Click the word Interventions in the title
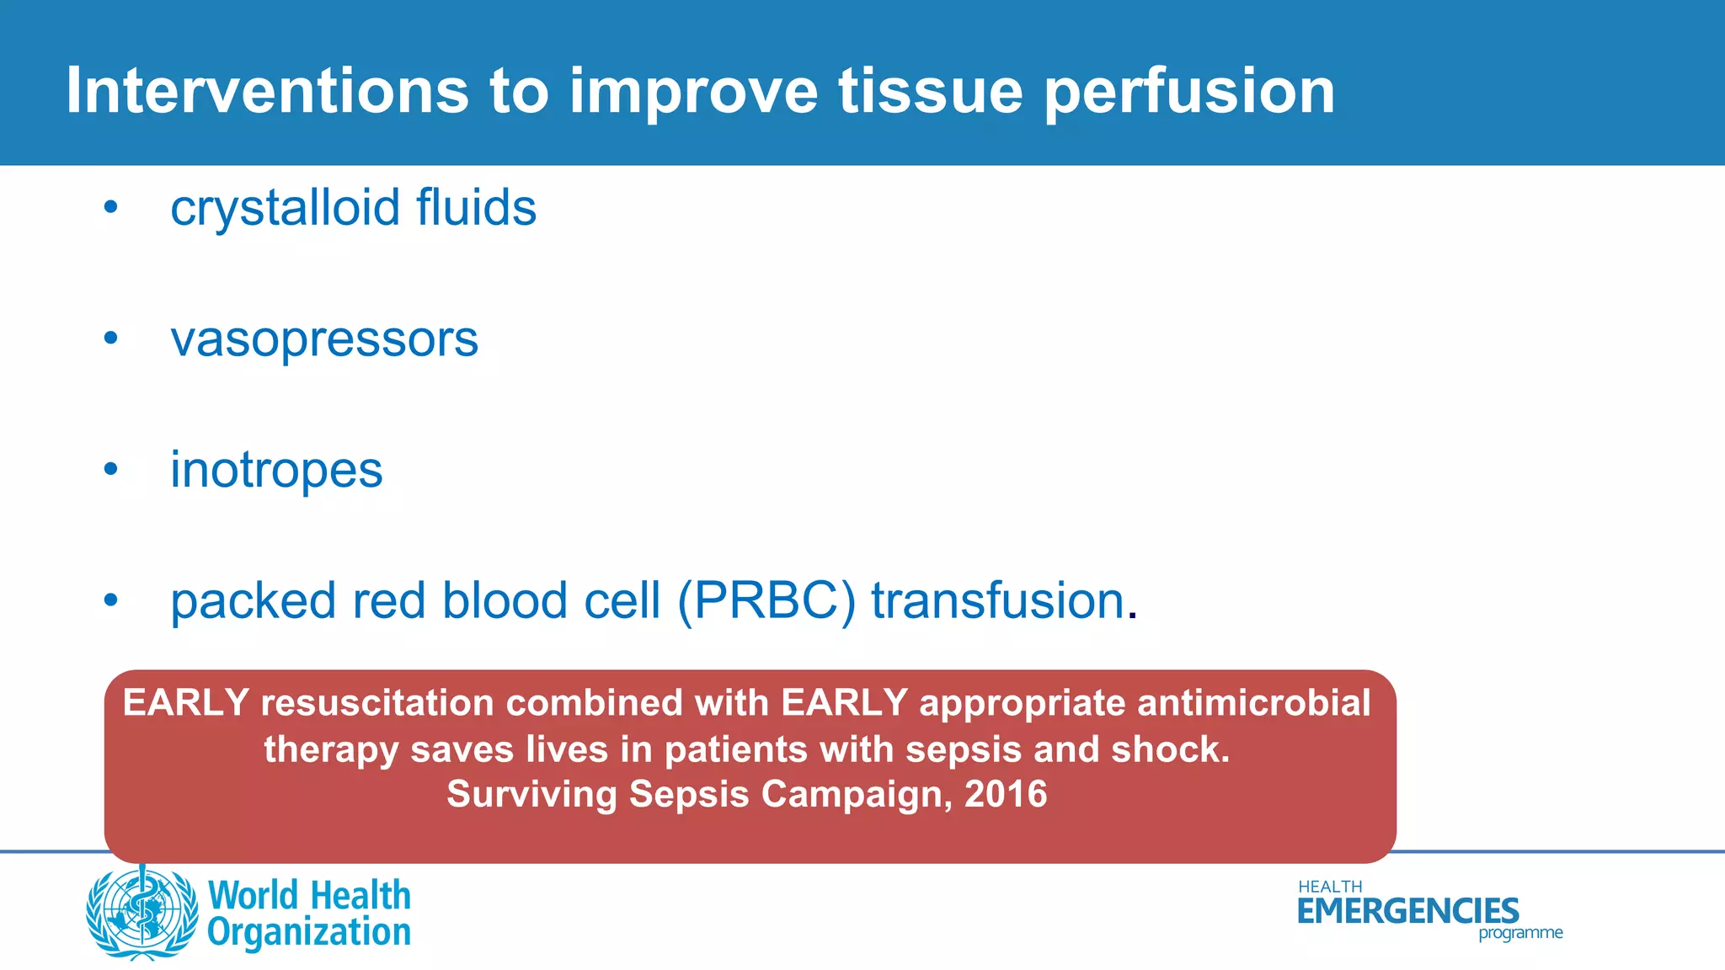(x=267, y=90)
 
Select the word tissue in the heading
(x=930, y=90)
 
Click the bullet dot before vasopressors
(x=110, y=338)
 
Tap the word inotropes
(x=276, y=471)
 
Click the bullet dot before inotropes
(x=110, y=470)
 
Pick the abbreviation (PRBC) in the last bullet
(x=766, y=601)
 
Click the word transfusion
(x=998, y=601)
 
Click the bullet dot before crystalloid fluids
(x=110, y=207)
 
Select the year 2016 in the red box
(x=1006, y=794)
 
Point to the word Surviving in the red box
(x=531, y=794)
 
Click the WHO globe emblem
(x=141, y=913)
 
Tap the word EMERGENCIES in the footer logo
(x=1407, y=911)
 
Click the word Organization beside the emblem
(x=308, y=933)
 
